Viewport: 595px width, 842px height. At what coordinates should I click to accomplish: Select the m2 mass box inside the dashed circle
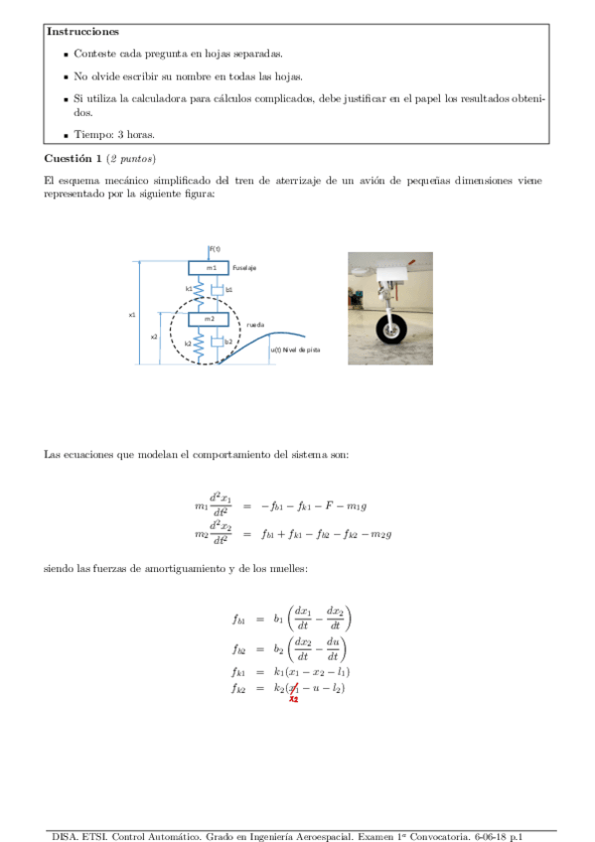[x=211, y=319]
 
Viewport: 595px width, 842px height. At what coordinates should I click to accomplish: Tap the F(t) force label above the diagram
[x=215, y=248]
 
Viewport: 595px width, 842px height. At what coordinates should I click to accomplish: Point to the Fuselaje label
[x=244, y=268]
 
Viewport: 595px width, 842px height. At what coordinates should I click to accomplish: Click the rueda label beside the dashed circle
[x=254, y=324]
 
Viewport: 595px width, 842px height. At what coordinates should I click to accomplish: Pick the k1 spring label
[x=189, y=289]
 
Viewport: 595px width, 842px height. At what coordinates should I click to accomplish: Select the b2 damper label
[x=228, y=342]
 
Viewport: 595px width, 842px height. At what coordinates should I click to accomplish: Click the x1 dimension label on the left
[x=131, y=315]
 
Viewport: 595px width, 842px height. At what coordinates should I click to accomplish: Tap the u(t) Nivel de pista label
[x=296, y=350]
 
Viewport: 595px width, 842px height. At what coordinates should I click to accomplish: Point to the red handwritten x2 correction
[x=294, y=698]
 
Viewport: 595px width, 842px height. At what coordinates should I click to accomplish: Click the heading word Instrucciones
[x=82, y=33]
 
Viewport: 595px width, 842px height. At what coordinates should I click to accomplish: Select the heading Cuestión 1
[x=73, y=159]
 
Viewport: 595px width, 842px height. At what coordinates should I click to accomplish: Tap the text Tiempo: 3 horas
[x=114, y=135]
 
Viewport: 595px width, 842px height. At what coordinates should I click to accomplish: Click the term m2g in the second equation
[x=380, y=534]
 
